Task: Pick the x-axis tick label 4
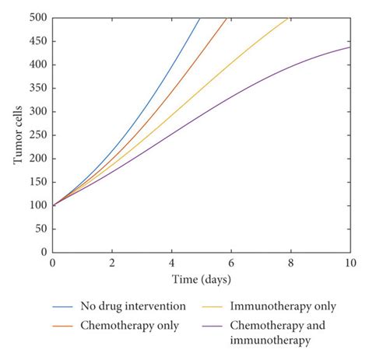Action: [171, 264]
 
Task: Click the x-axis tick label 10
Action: [350, 264]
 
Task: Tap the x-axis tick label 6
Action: [231, 264]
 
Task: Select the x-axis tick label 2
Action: [112, 264]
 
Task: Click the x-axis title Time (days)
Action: [201, 278]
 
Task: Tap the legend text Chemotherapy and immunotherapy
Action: [287, 332]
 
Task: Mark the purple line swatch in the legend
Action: [219, 325]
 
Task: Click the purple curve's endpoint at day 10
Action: [350, 47]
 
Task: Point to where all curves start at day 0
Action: [52, 205]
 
